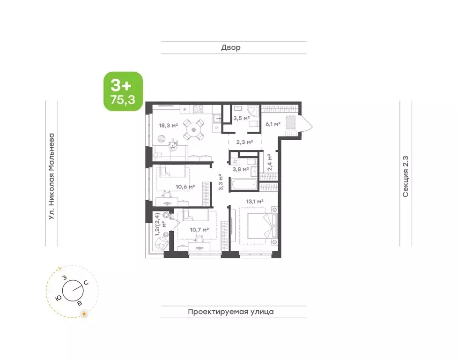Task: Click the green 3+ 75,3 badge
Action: click(123, 91)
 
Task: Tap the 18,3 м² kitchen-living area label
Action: click(169, 126)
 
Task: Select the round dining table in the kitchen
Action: click(193, 129)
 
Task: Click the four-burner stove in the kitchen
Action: click(199, 109)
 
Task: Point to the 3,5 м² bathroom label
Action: click(241, 119)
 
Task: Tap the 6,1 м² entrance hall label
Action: click(273, 124)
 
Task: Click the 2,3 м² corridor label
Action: click(244, 142)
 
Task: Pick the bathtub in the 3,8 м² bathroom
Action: click(244, 185)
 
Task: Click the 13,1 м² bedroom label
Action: click(255, 202)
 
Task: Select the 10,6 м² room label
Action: click(185, 187)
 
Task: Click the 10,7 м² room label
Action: click(199, 230)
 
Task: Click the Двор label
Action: click(231, 47)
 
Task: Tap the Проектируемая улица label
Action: click(231, 312)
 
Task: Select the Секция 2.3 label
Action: click(406, 177)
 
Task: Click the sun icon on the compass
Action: click(84, 314)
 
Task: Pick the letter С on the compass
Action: click(86, 283)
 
